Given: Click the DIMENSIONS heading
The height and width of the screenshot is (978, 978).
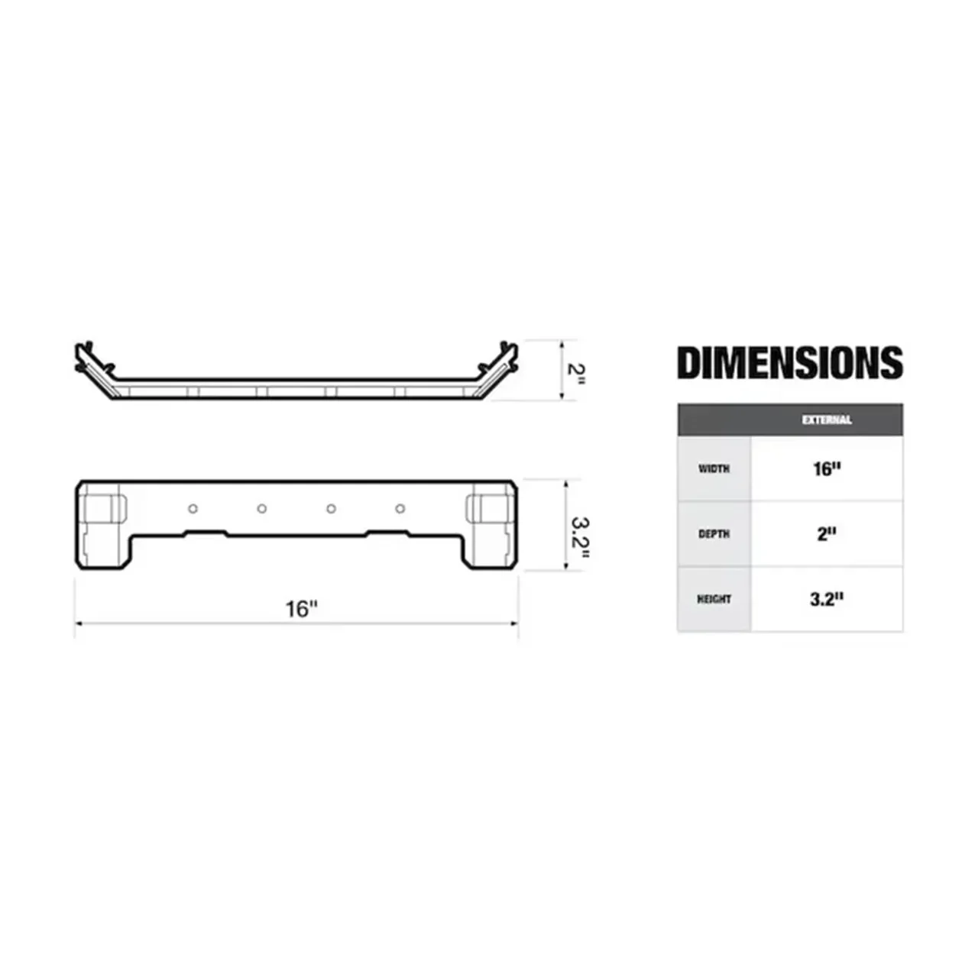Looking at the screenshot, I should point(789,363).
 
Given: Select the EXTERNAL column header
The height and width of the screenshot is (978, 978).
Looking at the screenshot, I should point(827,420).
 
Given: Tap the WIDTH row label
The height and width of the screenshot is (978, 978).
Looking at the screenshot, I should point(714,469).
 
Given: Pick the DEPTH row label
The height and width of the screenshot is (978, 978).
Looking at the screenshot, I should point(714,534).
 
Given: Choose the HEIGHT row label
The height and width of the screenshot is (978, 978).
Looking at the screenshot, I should point(714,600).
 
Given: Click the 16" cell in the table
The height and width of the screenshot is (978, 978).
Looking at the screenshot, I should point(827,469).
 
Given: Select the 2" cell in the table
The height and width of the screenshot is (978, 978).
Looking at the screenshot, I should point(827,534).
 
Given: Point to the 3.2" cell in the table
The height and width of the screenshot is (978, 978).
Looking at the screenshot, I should point(827,600).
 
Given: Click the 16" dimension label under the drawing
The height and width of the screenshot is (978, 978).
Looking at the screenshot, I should point(301,609).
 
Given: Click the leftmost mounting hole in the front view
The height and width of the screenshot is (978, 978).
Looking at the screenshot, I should point(193,509).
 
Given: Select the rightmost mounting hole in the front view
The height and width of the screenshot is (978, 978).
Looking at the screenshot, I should point(400,509).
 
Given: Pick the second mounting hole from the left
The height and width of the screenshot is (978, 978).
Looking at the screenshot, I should point(261,509).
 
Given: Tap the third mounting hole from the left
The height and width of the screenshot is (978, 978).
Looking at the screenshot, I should point(331,509).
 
